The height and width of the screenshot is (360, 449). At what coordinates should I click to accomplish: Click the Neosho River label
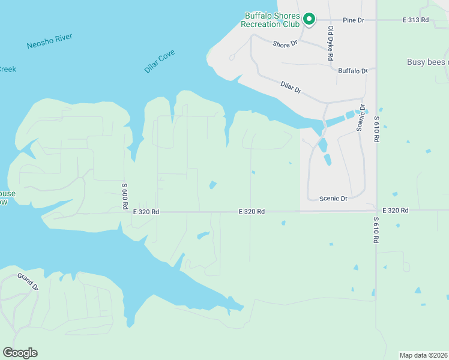[x=49, y=41]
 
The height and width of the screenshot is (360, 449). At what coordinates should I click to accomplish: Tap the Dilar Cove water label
[x=160, y=62]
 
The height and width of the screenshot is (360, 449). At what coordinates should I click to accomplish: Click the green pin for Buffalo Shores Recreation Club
[x=309, y=19]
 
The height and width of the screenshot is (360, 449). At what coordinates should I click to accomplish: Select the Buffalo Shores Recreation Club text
[x=270, y=20]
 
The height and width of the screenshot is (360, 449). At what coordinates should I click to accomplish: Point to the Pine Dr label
[x=354, y=20]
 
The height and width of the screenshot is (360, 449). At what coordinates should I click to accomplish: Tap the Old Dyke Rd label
[x=330, y=43]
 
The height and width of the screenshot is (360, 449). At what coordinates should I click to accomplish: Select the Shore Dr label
[x=285, y=44]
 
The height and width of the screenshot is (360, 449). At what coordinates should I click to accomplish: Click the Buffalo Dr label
[x=352, y=71]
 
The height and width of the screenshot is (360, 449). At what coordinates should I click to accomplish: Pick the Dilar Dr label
[x=291, y=87]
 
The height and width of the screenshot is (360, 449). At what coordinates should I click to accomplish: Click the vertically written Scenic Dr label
[x=361, y=117]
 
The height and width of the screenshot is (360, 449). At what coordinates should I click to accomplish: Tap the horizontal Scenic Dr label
[x=333, y=199]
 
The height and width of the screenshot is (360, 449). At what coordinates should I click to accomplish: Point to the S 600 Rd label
[x=125, y=196]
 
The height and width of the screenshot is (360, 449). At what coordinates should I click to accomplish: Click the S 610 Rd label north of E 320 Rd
[x=376, y=130]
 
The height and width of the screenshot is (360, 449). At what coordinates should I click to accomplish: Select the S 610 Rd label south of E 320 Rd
[x=376, y=229]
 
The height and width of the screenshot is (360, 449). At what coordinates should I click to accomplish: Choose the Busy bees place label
[x=427, y=62]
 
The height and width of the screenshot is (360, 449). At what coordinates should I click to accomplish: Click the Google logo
[x=20, y=353]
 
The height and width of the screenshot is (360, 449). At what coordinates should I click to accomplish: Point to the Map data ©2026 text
[x=423, y=355]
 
